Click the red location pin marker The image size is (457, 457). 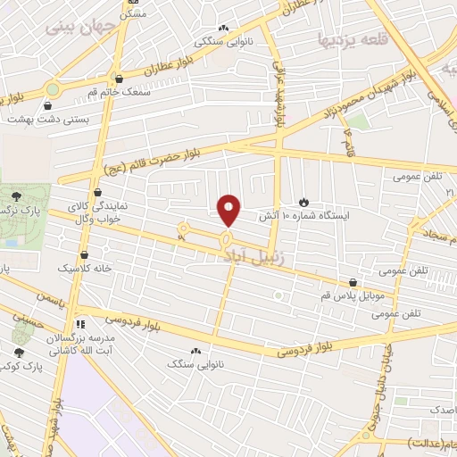coord(229,210)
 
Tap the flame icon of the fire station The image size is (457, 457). coord(303,202)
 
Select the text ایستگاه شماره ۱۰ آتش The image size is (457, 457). coord(303,217)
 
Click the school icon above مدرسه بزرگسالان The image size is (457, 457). coord(81,324)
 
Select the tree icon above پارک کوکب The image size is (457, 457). coord(19,353)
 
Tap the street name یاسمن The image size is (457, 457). coord(52,303)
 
